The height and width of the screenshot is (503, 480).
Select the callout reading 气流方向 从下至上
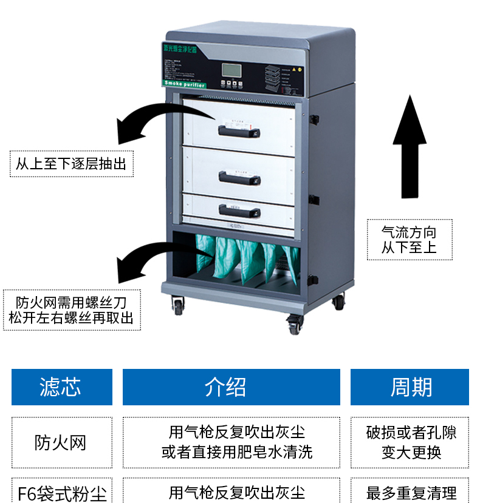pyautogui.click(x=409, y=240)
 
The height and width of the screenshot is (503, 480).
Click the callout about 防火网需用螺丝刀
pyautogui.click(x=72, y=309)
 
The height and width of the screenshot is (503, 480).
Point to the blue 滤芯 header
pyautogui.click(x=61, y=387)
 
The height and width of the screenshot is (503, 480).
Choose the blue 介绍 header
pyautogui.click(x=231, y=387)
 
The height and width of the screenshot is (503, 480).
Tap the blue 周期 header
pyautogui.click(x=410, y=387)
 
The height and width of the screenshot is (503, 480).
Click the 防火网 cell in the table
pyautogui.click(x=61, y=442)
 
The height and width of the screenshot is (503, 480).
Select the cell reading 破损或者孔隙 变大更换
pyautogui.click(x=410, y=442)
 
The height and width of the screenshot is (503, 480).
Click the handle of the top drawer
pyautogui.click(x=239, y=129)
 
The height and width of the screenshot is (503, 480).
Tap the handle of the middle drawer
pyautogui.click(x=239, y=178)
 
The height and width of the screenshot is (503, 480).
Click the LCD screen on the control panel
pyautogui.click(x=231, y=70)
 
